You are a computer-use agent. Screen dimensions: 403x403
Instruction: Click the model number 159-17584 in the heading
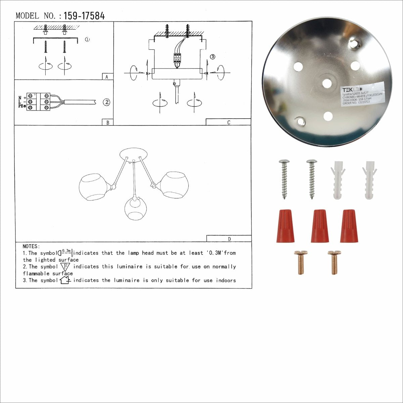(x=84, y=16)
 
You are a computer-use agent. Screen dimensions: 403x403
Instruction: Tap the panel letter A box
(x=107, y=77)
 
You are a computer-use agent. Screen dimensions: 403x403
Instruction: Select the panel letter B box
(x=107, y=123)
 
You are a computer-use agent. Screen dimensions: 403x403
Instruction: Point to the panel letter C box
(x=228, y=122)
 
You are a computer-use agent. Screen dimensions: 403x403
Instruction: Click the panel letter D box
(x=229, y=239)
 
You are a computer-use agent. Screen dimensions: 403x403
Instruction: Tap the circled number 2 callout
(x=107, y=102)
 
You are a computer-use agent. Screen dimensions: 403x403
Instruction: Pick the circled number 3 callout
(x=212, y=57)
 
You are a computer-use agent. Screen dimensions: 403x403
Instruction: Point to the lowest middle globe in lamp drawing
(x=136, y=209)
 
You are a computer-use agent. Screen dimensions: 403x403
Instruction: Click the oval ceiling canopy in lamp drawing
(x=133, y=154)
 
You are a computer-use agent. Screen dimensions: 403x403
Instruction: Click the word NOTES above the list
(x=31, y=247)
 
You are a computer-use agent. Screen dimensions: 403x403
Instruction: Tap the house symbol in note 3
(x=64, y=280)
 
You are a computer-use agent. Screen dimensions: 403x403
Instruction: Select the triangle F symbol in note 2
(x=65, y=267)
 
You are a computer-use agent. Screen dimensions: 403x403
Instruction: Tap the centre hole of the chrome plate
(x=327, y=83)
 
